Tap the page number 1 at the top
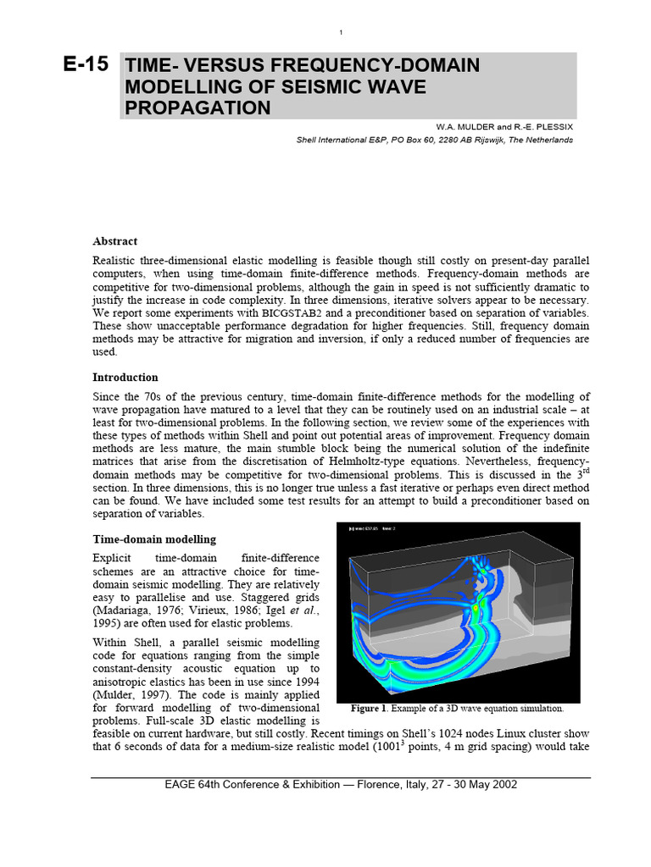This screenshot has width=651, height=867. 340,32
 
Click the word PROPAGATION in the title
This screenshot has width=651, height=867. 198,108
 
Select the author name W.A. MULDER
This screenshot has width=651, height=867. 465,126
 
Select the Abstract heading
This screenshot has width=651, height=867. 114,241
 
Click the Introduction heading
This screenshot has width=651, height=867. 125,377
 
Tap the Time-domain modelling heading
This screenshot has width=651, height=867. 153,539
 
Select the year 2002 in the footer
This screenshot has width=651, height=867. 501,785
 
